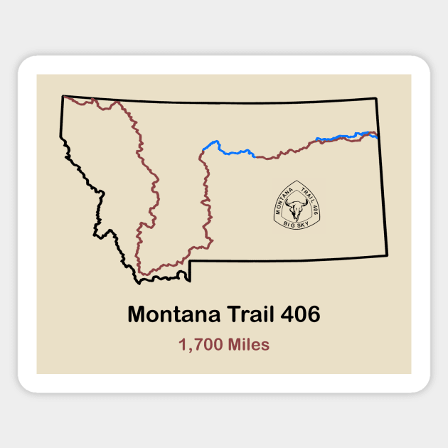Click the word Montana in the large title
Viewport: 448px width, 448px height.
pyautogui.click(x=167, y=314)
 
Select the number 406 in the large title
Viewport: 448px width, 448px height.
pyautogui.click(x=299, y=314)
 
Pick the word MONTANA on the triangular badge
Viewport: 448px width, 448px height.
pyautogui.click(x=282, y=197)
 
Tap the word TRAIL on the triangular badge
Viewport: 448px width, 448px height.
pyautogui.click(x=308, y=194)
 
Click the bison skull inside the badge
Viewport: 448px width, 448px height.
pyautogui.click(x=296, y=210)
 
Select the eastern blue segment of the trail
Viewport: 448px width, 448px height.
pyautogui.click(x=341, y=136)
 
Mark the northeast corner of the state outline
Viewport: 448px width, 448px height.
pyautogui.click(x=375, y=98)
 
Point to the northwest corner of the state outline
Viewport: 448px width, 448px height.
pyautogui.click(x=63, y=96)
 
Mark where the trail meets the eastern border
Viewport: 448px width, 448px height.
pyautogui.click(x=377, y=133)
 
